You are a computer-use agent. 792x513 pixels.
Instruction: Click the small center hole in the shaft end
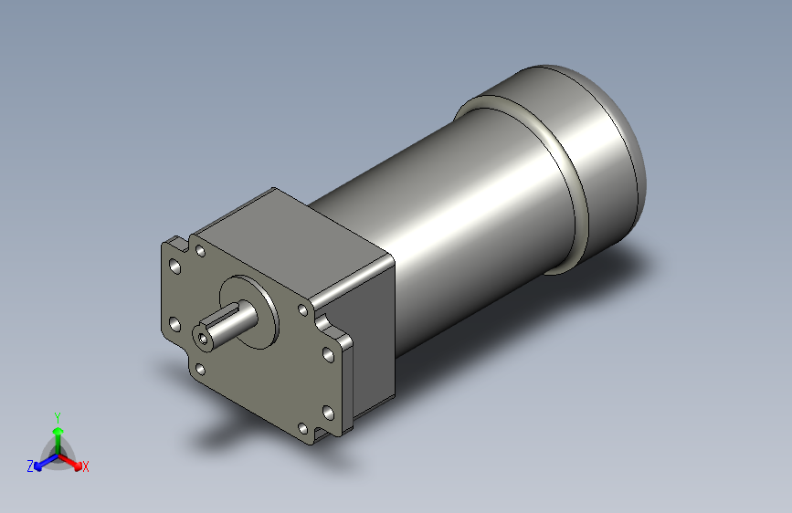tap(202, 337)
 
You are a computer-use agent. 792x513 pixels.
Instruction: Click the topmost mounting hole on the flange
tap(200, 250)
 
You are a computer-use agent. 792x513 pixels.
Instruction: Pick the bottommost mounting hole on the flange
tap(302, 427)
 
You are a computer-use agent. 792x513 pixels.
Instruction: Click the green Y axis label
tap(57, 415)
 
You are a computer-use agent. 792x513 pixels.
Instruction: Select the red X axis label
tap(86, 467)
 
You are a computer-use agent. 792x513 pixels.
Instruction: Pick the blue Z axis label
tap(30, 466)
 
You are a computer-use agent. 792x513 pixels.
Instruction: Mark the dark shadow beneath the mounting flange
tap(238, 438)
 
